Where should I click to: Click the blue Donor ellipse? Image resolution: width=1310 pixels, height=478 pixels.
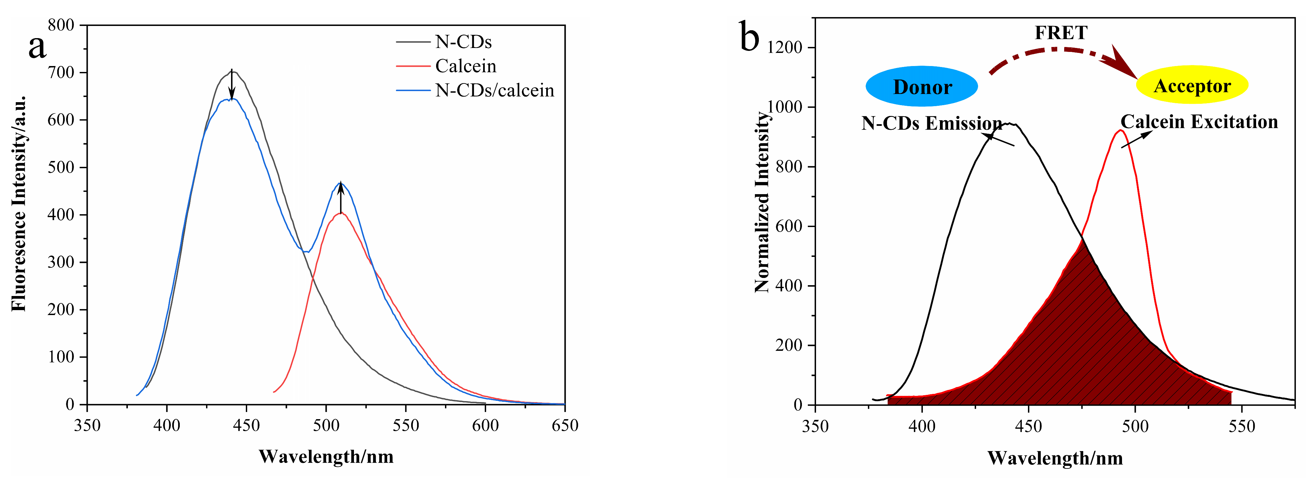(x=922, y=86)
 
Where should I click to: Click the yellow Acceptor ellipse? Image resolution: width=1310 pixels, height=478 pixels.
(x=1192, y=85)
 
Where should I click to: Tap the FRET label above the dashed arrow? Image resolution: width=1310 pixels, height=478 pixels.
(x=1061, y=33)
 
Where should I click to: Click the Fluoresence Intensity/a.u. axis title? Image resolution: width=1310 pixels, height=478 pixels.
(x=18, y=203)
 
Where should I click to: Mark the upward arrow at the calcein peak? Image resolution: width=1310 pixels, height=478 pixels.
(x=341, y=197)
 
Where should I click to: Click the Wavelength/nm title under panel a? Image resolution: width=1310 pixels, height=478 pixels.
(x=326, y=457)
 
